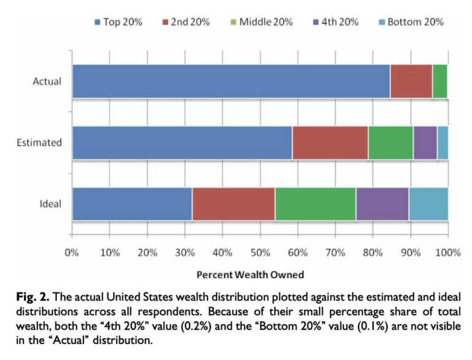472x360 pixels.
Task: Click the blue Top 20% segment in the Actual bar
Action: [x=230, y=81]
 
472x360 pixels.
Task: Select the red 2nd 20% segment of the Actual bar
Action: [x=411, y=81]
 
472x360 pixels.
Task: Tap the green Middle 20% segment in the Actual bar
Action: [x=439, y=81]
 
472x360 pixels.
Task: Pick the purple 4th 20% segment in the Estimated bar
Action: [x=425, y=143]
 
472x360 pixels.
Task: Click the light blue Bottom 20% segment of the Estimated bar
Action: [x=442, y=143]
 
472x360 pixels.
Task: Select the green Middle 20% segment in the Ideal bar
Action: [x=315, y=204]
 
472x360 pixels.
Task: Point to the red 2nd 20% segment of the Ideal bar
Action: [x=234, y=204]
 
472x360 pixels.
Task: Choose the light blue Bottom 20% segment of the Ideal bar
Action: [x=428, y=204]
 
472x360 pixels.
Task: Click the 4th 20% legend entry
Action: [x=339, y=22]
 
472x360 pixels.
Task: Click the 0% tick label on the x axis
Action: [x=72, y=252]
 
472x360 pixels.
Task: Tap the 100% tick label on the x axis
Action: [x=447, y=252]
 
